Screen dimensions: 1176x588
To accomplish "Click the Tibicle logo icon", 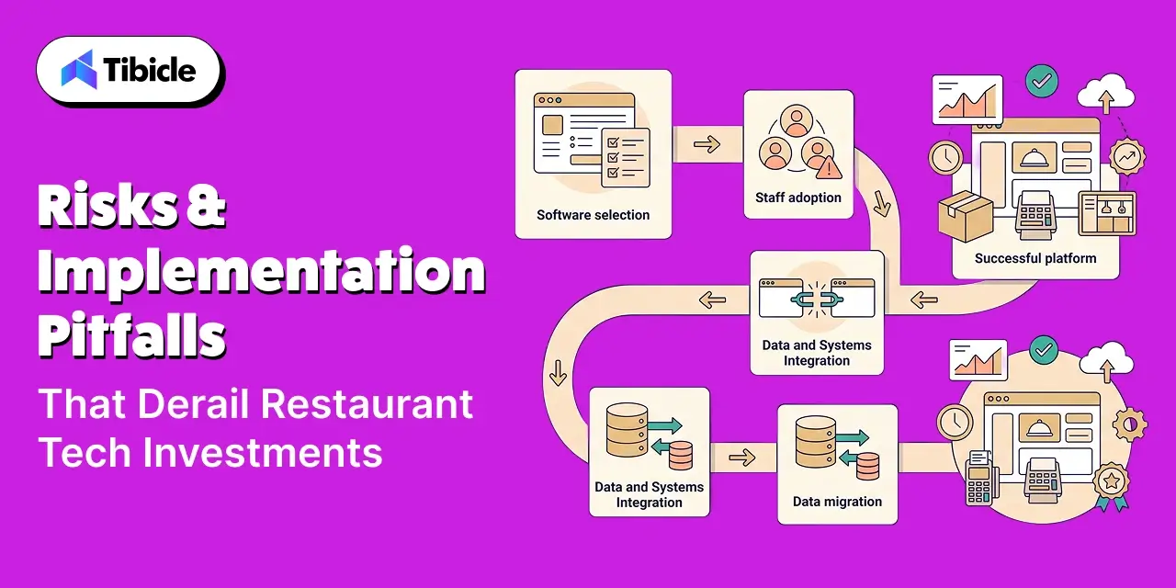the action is pos(79,69).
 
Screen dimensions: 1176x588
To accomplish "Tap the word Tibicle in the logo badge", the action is pos(150,70).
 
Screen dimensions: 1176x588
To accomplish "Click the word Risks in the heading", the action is pos(107,204).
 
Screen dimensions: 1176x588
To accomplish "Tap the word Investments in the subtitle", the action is pos(263,453).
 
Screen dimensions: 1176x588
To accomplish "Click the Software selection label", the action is pos(593,215).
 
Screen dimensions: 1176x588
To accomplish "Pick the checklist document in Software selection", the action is pos(626,157).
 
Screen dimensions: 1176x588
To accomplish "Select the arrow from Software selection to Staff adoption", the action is pos(707,144).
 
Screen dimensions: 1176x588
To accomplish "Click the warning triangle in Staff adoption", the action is pos(829,167).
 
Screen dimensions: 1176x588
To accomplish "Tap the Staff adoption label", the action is pos(798,198).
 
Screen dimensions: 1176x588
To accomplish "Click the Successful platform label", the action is pos(1035,258).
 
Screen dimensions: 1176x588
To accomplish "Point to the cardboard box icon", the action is pos(965,216).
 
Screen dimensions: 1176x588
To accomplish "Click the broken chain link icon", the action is pos(817,300).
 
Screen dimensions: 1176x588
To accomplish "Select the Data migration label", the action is pos(837,502).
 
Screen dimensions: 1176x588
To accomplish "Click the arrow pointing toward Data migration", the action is pos(742,458).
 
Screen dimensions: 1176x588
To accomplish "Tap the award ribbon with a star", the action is pos(1112,485).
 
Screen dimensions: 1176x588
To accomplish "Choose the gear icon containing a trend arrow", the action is pos(1127,156).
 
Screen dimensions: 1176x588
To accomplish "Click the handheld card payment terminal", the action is pos(980,477).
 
